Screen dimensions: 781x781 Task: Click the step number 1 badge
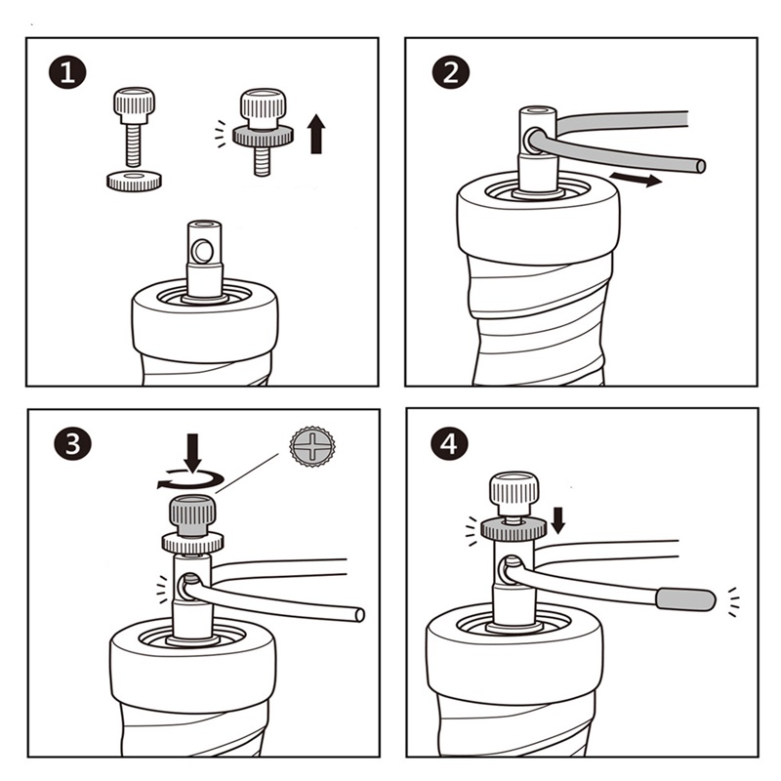(67, 72)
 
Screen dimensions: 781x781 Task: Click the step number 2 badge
(451, 72)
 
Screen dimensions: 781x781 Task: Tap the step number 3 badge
(72, 442)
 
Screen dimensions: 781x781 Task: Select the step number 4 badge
(449, 443)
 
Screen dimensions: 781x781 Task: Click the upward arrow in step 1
(316, 134)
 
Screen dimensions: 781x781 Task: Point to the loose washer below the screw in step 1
(134, 182)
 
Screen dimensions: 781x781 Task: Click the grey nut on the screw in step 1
(263, 135)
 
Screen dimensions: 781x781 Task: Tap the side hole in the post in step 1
(202, 251)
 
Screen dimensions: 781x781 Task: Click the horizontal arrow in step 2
(637, 179)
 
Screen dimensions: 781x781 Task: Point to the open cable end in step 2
(700, 166)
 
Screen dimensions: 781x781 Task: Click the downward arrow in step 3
(192, 452)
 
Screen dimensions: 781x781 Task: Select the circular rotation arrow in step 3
(190, 479)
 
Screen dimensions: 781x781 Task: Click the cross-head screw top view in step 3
(312, 446)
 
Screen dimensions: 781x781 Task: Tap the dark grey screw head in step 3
(192, 516)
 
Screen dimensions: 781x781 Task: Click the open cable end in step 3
(359, 615)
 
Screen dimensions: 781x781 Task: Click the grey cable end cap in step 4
(686, 599)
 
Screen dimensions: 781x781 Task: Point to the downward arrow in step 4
(558, 520)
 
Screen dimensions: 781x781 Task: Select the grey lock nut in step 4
(514, 528)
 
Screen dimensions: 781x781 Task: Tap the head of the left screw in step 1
(134, 105)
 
